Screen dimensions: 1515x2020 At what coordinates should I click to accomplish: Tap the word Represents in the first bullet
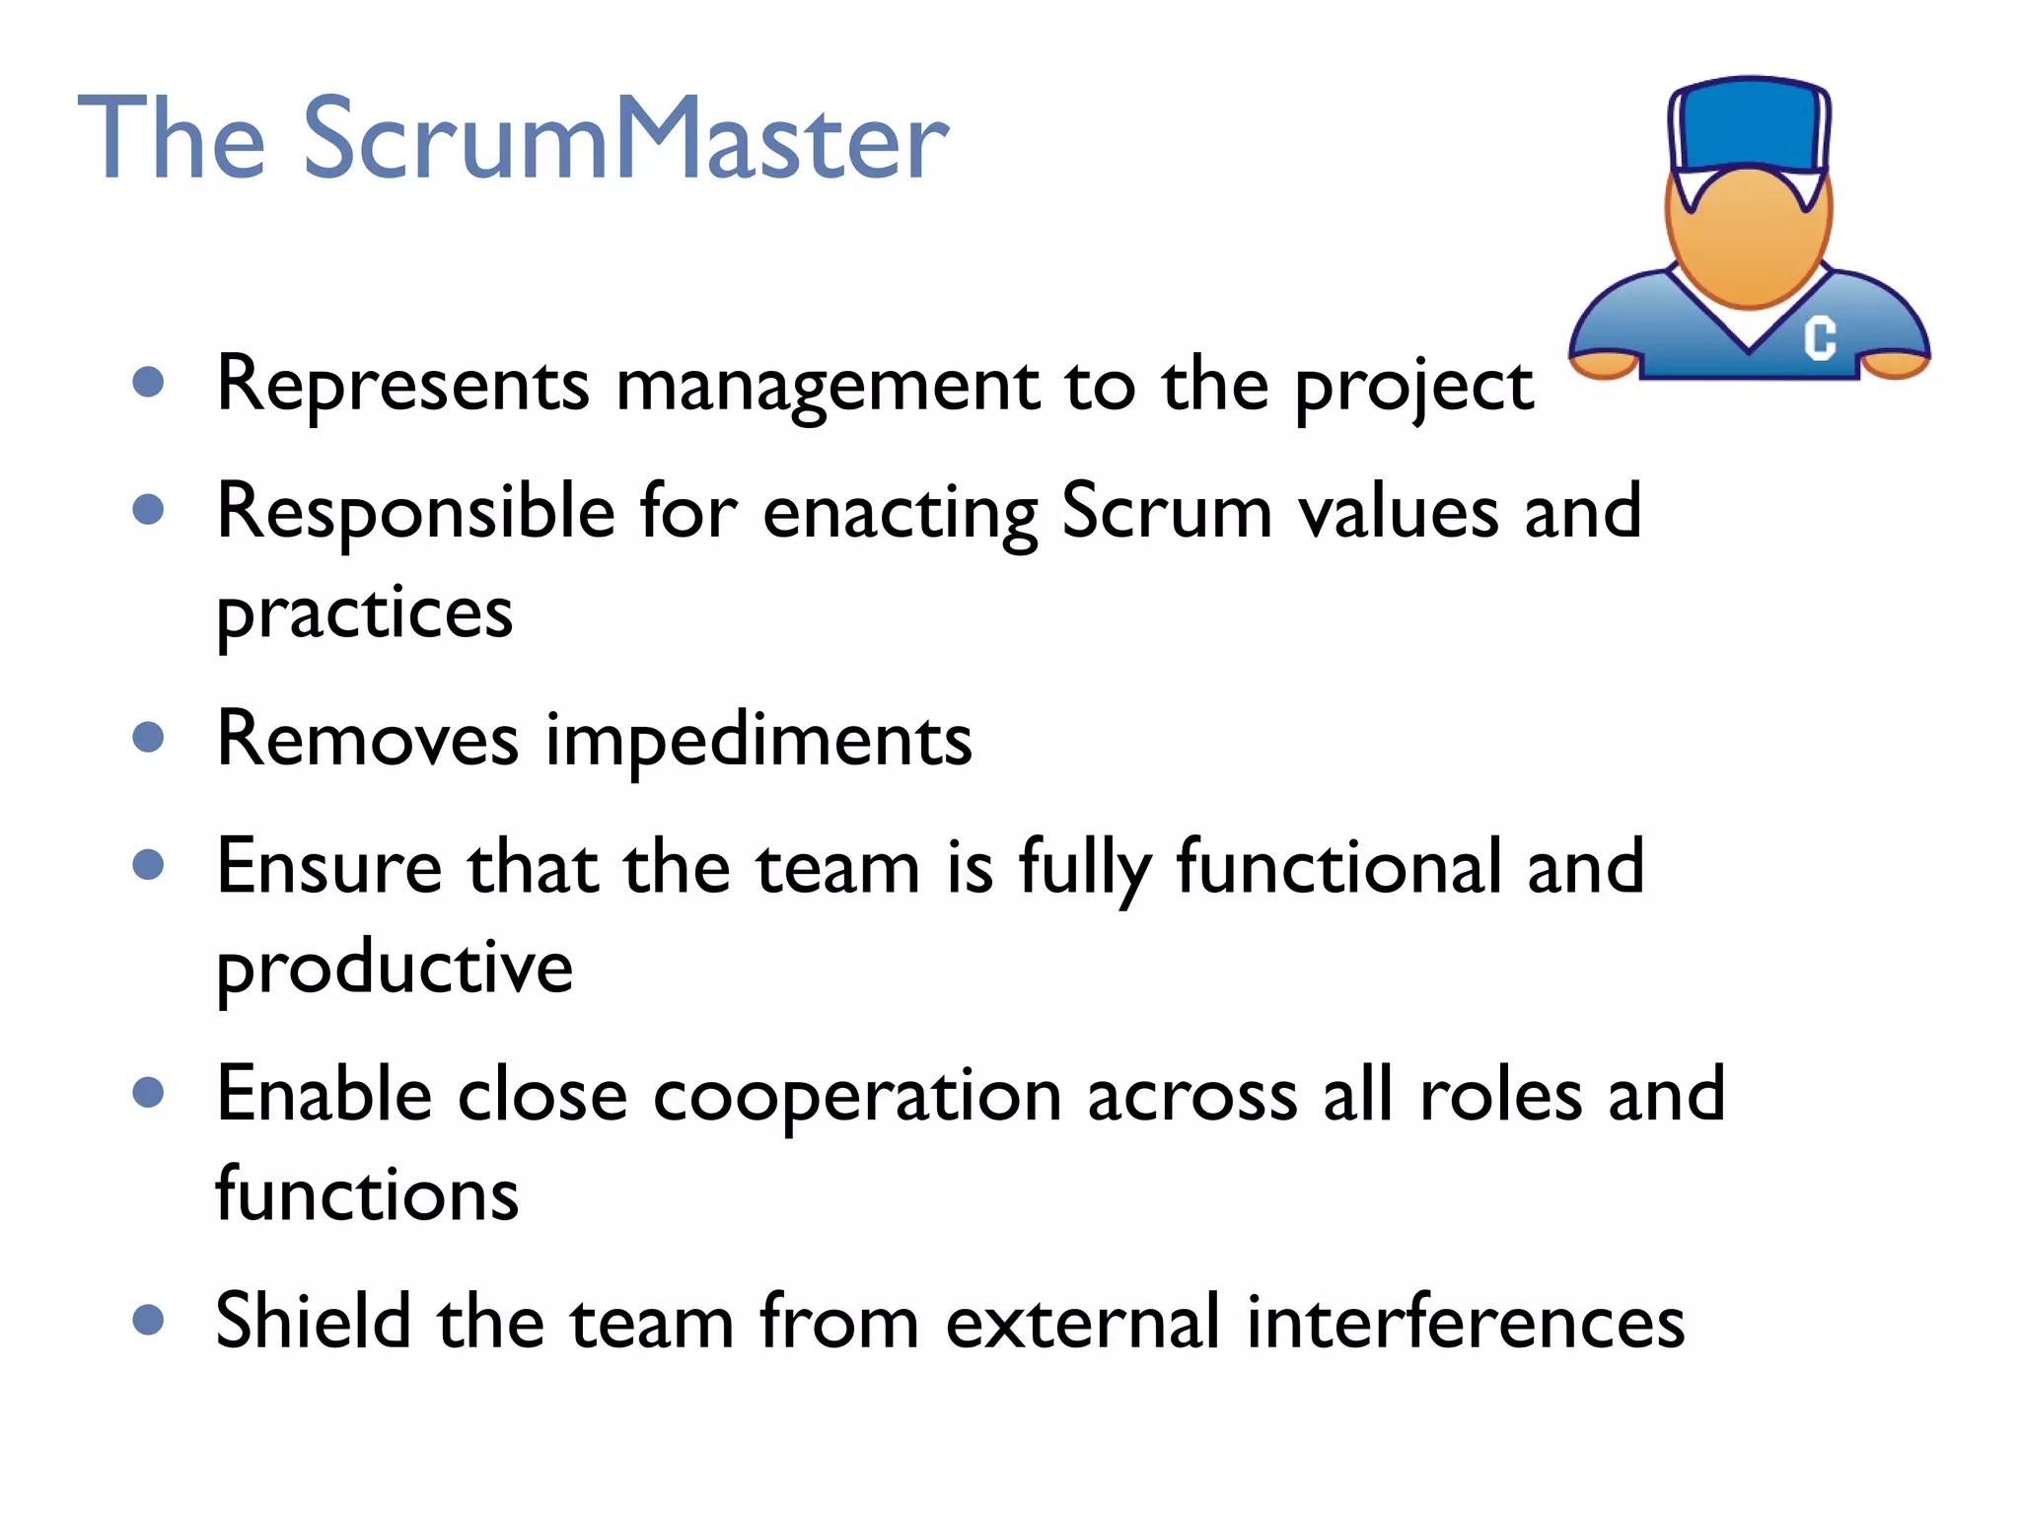pyautogui.click(x=402, y=384)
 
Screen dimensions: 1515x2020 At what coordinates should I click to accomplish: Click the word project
pyautogui.click(x=1413, y=387)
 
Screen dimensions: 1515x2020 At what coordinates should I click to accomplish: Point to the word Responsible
pyautogui.click(x=415, y=513)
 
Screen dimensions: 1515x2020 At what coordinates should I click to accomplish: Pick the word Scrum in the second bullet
pyautogui.click(x=1166, y=511)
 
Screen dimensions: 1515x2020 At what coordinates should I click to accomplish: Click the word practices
pyautogui.click(x=364, y=613)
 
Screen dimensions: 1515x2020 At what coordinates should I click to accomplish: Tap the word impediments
pyautogui.click(x=758, y=740)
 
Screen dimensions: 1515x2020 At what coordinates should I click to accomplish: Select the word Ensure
pyautogui.click(x=328, y=867)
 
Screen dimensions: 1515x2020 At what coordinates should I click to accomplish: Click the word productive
pyautogui.click(x=395, y=969)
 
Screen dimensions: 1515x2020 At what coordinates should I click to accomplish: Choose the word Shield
pyautogui.click(x=313, y=1321)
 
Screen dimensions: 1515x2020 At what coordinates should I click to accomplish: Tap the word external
pyautogui.click(x=1082, y=1322)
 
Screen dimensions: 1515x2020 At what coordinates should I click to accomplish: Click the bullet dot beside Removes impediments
pyautogui.click(x=148, y=737)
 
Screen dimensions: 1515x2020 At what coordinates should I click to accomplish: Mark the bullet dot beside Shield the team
pyautogui.click(x=148, y=1319)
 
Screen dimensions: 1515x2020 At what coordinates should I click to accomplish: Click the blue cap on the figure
pyautogui.click(x=1748, y=124)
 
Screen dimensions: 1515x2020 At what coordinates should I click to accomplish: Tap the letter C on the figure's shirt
pyautogui.click(x=1820, y=337)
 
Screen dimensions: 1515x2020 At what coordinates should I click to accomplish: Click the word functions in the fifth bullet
pyautogui.click(x=367, y=1194)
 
